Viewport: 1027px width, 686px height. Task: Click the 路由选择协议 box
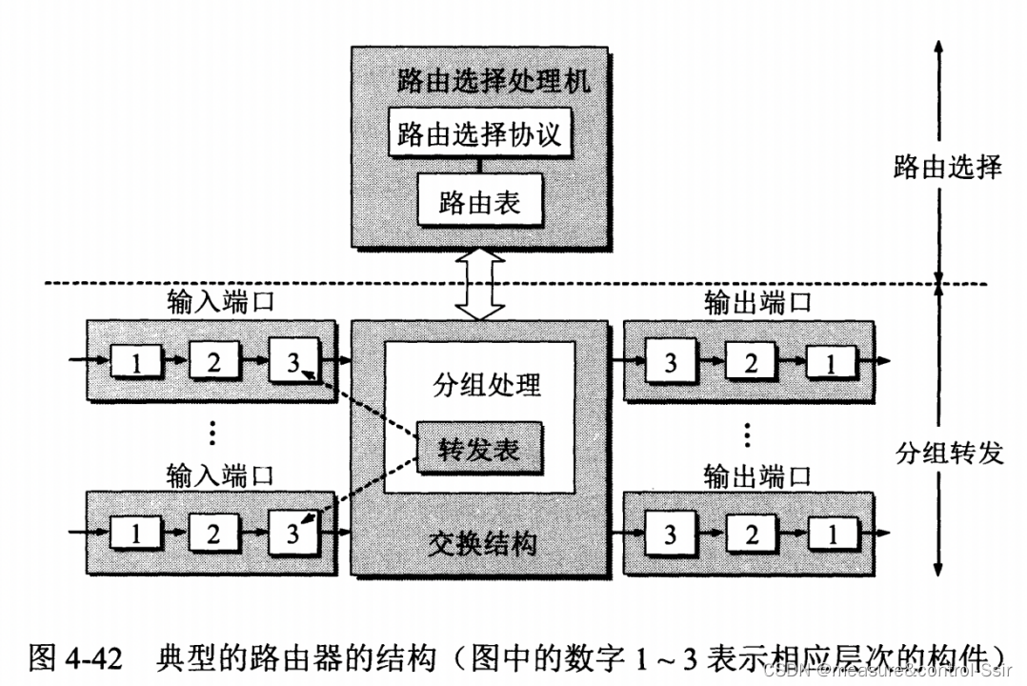(479, 134)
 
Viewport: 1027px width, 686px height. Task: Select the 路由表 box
(479, 201)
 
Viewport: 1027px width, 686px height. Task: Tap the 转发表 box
(479, 448)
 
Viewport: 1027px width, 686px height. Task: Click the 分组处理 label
(479, 384)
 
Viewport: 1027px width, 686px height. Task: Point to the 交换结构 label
(479, 543)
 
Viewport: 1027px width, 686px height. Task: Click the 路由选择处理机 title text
(479, 80)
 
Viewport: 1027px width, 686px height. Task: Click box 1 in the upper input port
(135, 362)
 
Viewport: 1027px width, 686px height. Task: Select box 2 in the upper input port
(213, 362)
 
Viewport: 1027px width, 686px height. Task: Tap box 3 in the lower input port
(292, 533)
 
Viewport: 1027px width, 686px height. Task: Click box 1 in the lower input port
(135, 534)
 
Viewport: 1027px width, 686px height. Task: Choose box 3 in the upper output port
(671, 362)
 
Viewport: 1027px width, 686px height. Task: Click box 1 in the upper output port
(830, 362)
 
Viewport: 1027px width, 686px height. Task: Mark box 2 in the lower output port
(751, 534)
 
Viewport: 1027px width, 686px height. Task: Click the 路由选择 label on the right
(948, 167)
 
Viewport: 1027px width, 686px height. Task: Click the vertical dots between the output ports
(748, 434)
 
